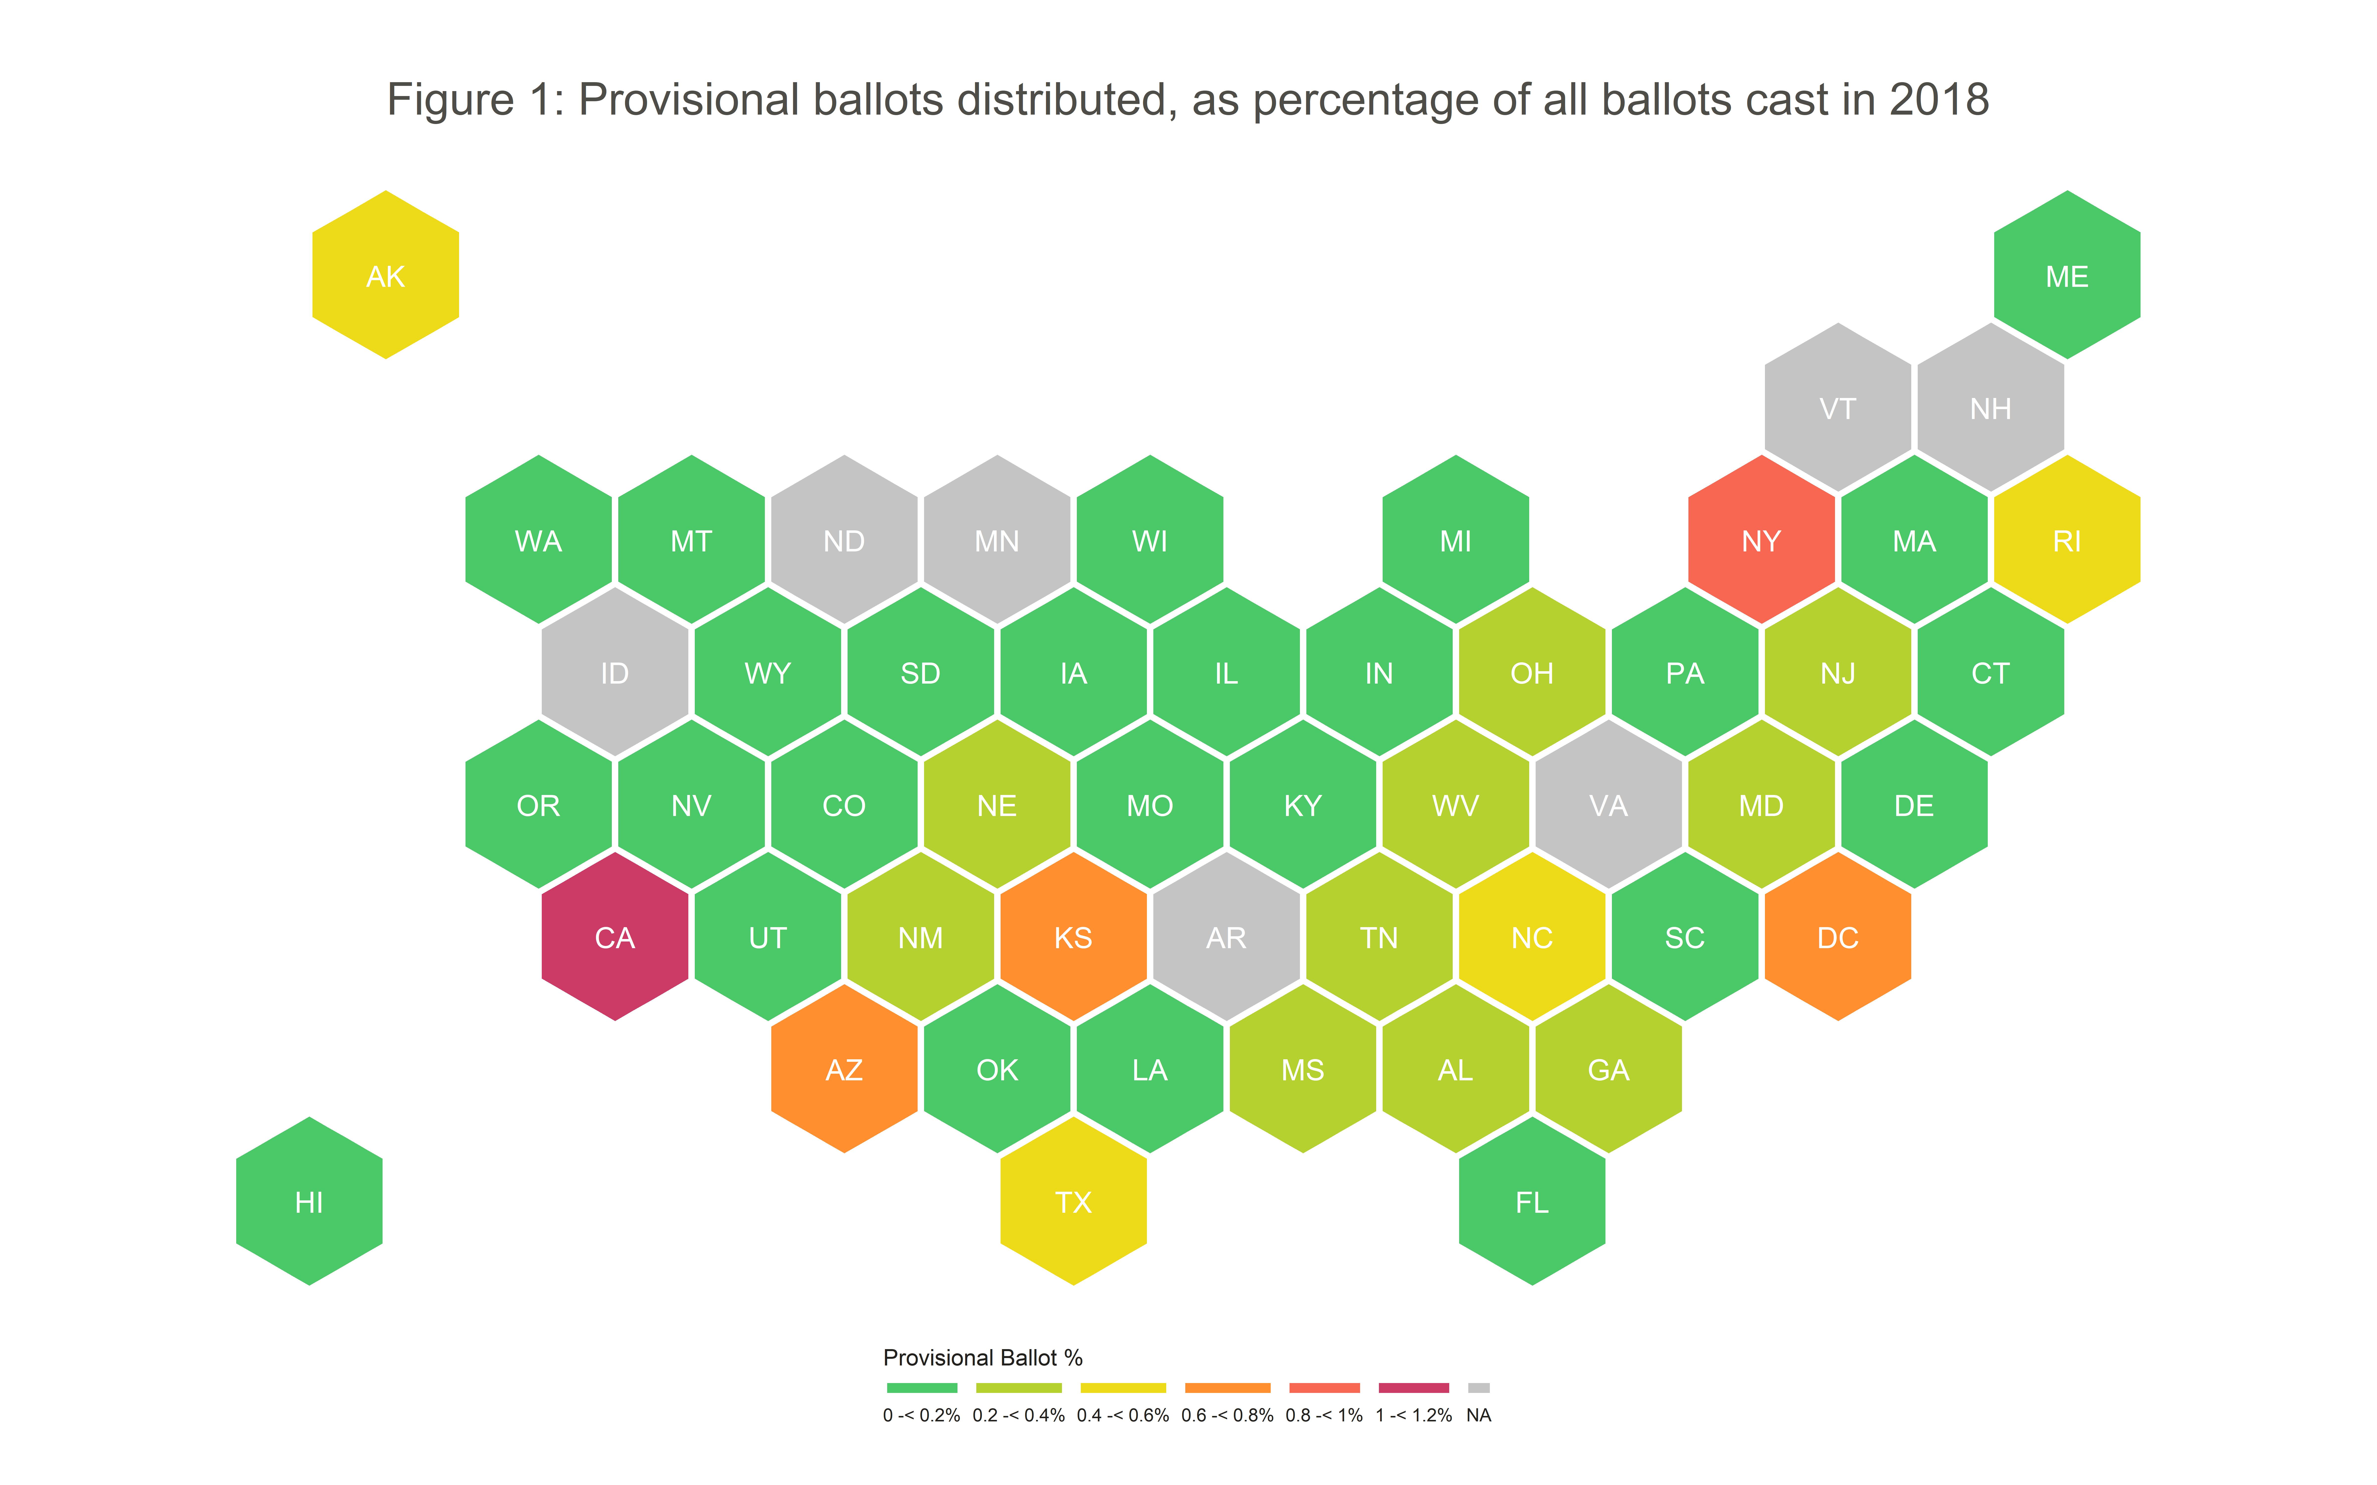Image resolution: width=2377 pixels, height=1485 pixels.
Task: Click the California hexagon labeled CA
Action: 615,937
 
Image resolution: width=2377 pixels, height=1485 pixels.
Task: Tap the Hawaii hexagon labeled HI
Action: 310,1201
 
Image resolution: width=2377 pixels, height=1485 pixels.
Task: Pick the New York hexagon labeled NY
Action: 1761,540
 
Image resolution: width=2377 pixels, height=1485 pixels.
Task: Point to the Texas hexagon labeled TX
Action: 1074,1201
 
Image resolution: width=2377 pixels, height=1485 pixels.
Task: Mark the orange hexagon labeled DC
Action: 1838,937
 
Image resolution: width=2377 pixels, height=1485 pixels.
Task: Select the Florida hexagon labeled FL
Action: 1532,1201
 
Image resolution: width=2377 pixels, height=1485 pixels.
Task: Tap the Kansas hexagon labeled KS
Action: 1074,937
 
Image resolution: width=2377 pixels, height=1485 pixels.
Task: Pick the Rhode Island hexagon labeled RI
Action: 2067,540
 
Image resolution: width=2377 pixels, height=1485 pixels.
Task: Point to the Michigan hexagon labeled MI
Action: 1456,540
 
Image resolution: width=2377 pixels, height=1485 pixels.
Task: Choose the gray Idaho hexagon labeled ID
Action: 615,673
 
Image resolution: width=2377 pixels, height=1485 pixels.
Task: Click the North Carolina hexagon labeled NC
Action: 1532,937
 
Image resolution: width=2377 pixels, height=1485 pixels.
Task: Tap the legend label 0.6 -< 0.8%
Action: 1227,1415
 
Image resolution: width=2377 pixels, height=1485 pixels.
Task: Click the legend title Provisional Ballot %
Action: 982,1357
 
